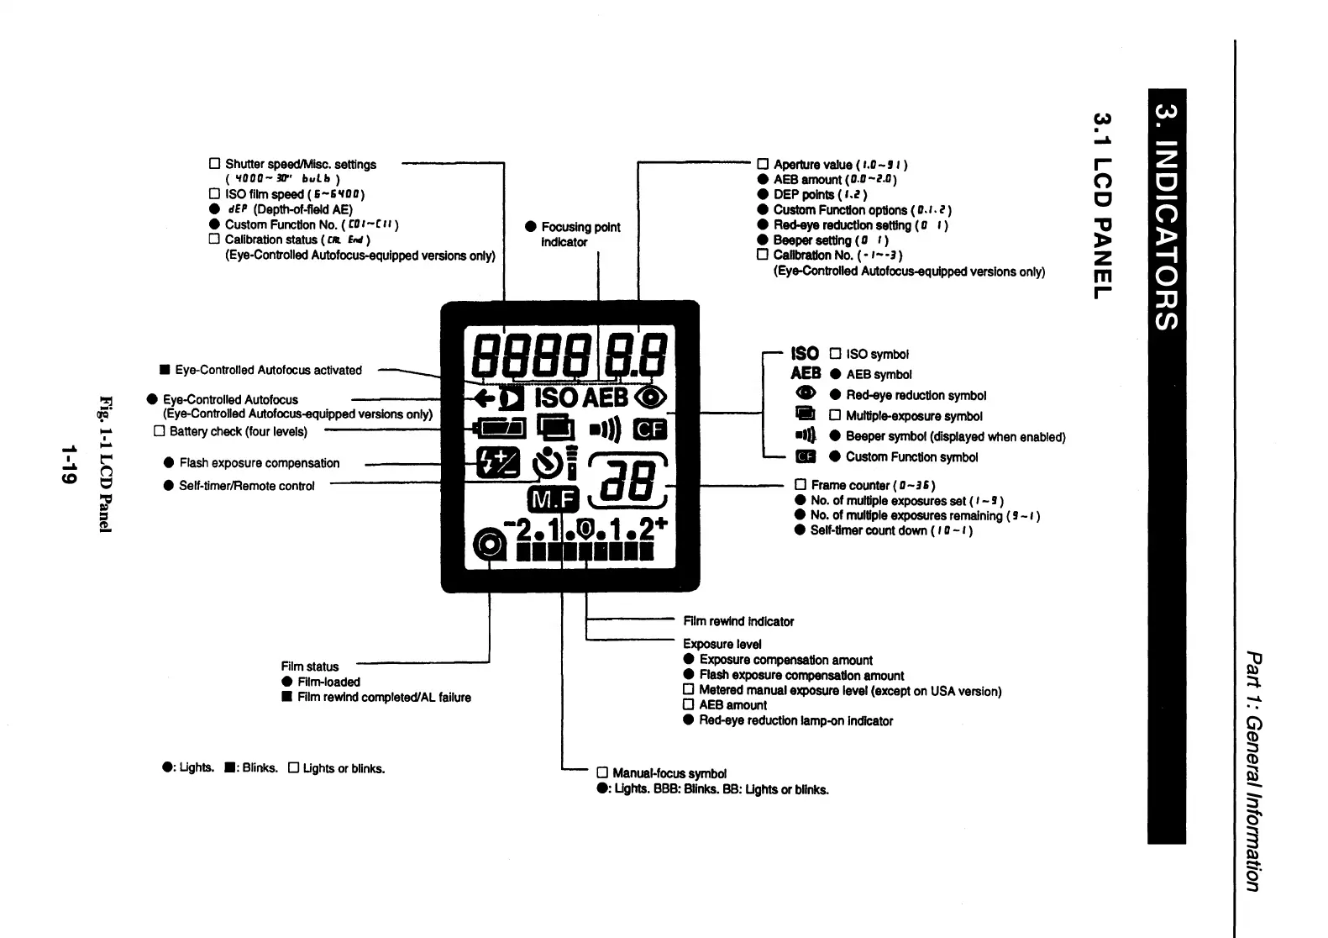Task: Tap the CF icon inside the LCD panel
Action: pyautogui.click(x=649, y=429)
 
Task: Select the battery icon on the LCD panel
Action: pyautogui.click(x=501, y=429)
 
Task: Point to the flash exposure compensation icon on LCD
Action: pyautogui.click(x=498, y=462)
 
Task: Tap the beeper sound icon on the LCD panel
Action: pyautogui.click(x=604, y=430)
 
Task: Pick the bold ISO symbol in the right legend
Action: pyautogui.click(x=804, y=354)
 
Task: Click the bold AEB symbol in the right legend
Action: pyautogui.click(x=806, y=373)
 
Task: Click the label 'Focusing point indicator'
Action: pyautogui.click(x=580, y=234)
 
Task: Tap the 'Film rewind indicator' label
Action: pyautogui.click(x=738, y=621)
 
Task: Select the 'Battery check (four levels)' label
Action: pyautogui.click(x=238, y=431)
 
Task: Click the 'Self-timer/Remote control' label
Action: pyautogui.click(x=246, y=486)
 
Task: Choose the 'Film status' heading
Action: pyautogui.click(x=310, y=667)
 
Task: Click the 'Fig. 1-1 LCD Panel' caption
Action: pyautogui.click(x=105, y=463)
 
